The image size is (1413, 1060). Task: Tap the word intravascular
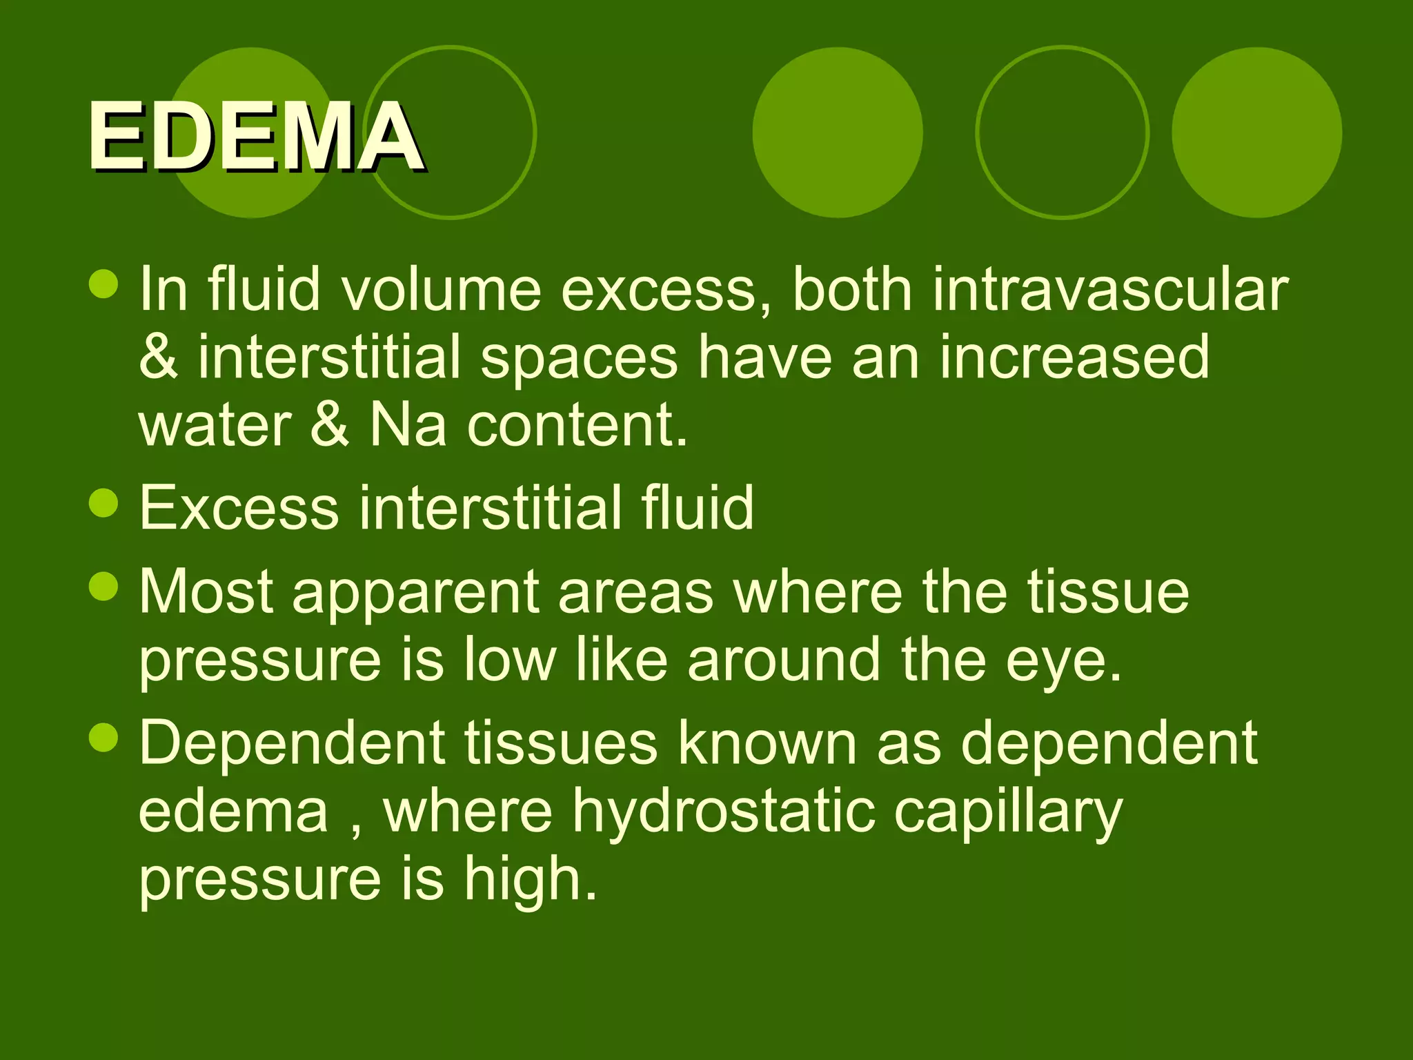(x=1110, y=290)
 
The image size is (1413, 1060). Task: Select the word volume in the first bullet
(x=442, y=290)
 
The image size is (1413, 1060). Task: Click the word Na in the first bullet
(x=408, y=425)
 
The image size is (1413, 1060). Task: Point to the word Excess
(x=239, y=508)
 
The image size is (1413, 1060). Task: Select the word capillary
(x=1008, y=813)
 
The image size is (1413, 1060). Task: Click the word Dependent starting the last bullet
(x=293, y=744)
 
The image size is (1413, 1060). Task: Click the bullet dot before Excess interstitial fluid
(x=104, y=503)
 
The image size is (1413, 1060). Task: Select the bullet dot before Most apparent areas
(x=104, y=587)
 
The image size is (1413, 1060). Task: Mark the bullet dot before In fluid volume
(x=104, y=284)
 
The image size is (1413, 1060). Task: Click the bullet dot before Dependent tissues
(x=104, y=737)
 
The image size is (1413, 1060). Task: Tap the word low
(x=510, y=660)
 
